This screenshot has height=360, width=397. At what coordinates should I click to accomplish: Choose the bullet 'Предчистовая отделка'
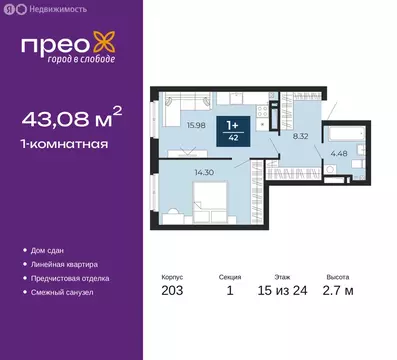pyautogui.click(x=72, y=278)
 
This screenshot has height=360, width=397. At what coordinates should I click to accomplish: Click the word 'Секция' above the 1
pyautogui.click(x=231, y=279)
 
